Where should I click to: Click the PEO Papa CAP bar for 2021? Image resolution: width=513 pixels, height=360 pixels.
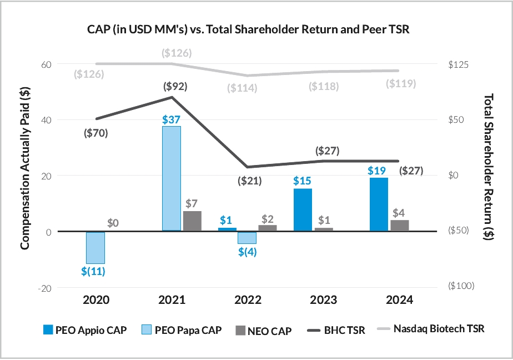[x=171, y=178]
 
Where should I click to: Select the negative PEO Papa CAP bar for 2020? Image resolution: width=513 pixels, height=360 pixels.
[x=95, y=247]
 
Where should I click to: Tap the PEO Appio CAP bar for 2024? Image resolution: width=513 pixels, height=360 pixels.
[x=378, y=204]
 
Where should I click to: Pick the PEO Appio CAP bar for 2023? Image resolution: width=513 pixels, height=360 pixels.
[x=303, y=209]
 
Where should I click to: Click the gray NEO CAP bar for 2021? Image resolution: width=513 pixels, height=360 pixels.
[x=192, y=221]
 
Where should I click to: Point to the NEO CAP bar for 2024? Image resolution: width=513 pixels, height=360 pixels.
[x=399, y=226]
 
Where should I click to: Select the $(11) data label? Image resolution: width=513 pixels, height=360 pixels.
[x=94, y=272]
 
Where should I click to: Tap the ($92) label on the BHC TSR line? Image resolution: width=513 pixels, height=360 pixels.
[x=175, y=86]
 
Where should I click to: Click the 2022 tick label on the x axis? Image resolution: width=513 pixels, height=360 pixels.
[x=248, y=300]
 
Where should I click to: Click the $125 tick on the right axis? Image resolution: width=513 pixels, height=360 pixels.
[x=458, y=64]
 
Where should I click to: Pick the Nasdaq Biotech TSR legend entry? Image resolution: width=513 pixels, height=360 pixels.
[x=430, y=329]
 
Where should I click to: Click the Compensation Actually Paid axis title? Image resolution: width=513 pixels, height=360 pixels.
[x=25, y=176]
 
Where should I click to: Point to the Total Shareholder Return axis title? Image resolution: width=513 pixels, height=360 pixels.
[x=489, y=176]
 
